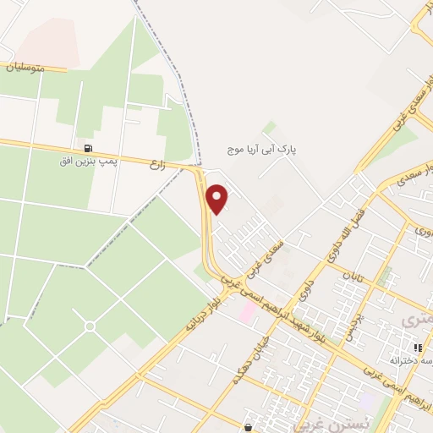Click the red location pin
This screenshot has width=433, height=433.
[218, 198]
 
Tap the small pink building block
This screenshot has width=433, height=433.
[247, 313]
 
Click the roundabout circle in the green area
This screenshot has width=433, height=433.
[90, 326]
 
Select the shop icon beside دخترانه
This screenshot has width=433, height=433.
[417, 348]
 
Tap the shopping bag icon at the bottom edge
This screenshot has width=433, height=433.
[247, 427]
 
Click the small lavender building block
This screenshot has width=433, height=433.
[368, 398]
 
